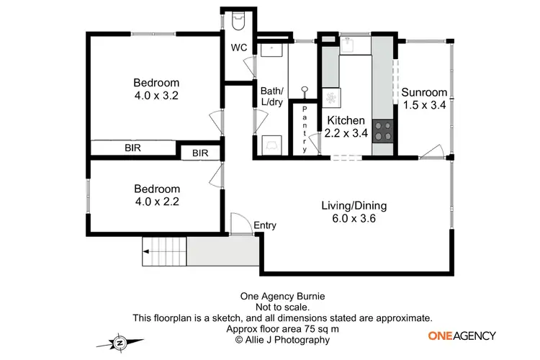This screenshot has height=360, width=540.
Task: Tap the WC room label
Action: [239, 48]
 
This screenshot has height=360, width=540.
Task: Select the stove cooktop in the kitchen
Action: [384, 131]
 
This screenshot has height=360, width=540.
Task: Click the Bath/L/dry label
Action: [272, 96]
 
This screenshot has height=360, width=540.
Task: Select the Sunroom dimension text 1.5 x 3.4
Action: [424, 104]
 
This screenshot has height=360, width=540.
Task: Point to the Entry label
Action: [265, 225]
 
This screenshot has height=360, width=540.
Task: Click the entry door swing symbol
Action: [238, 225]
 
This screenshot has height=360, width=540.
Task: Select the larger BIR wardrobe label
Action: [132, 148]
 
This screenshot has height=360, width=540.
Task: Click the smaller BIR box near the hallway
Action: [200, 153]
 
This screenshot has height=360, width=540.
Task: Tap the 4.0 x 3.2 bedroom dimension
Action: [156, 95]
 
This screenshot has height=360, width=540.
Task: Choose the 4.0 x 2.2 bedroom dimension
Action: [156, 202]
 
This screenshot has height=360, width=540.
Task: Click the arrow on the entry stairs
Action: [148, 251]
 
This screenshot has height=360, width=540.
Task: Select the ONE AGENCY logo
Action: [462, 336]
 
